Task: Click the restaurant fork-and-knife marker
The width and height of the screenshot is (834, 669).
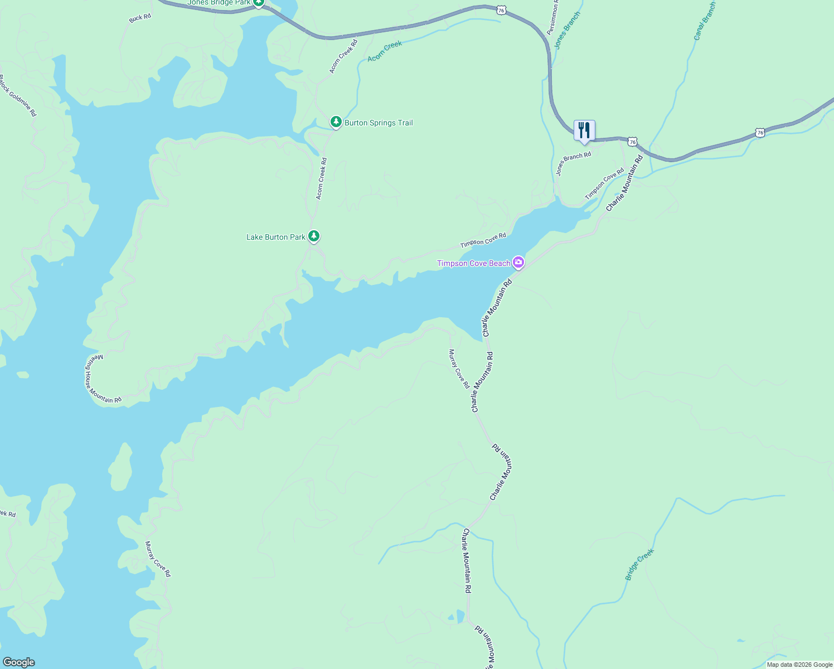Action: (584, 130)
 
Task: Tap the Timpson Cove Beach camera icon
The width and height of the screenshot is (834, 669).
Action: (518, 262)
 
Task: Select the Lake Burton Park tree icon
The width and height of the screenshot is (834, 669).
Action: (314, 236)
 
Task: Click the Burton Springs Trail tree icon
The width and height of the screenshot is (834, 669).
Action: (336, 122)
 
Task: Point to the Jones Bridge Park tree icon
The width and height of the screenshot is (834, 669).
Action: (259, 3)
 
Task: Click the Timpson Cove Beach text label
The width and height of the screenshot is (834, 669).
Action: (473, 263)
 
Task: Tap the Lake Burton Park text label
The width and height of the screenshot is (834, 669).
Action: (276, 237)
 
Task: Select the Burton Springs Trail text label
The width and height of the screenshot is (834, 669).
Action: (379, 123)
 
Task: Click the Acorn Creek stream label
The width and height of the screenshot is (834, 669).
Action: (385, 51)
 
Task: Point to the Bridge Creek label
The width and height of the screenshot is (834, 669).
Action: (639, 565)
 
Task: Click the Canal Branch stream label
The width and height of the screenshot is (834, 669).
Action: (705, 21)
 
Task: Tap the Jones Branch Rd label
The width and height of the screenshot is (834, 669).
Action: (573, 164)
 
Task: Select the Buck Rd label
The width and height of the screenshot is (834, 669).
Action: (140, 18)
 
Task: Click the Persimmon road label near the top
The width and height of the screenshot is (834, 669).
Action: (554, 20)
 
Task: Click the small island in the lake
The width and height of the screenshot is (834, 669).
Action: (120, 467)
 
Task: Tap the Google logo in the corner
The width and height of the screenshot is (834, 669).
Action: (18, 662)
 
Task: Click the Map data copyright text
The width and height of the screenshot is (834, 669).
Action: (799, 665)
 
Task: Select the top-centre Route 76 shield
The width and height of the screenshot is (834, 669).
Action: (502, 10)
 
